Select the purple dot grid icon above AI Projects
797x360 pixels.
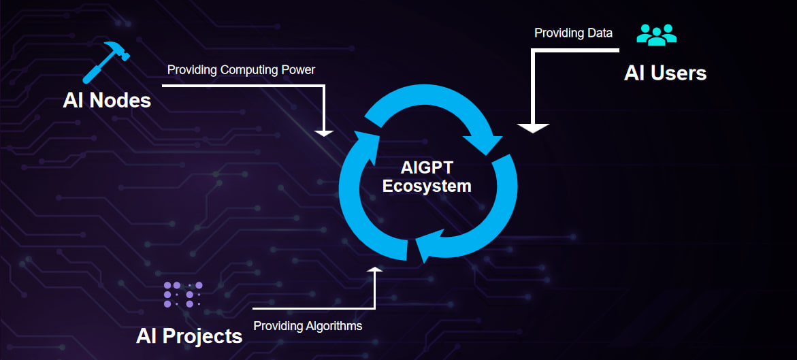click(x=183, y=294)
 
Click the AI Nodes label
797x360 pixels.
click(x=107, y=101)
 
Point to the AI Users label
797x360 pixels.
click(x=665, y=73)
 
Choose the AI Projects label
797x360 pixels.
click(x=189, y=336)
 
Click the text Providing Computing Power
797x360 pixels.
click(x=241, y=70)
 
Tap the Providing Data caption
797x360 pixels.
click(x=573, y=33)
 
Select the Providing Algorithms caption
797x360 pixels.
click(x=308, y=326)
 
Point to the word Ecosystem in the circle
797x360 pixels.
click(x=427, y=186)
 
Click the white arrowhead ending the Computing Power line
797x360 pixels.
click(x=325, y=132)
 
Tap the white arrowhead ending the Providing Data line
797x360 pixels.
click(x=533, y=127)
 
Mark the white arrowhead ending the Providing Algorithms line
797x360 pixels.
click(x=374, y=269)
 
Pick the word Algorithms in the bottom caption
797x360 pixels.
click(x=333, y=326)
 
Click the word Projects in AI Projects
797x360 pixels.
click(x=205, y=336)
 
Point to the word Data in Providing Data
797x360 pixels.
click(x=600, y=33)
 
